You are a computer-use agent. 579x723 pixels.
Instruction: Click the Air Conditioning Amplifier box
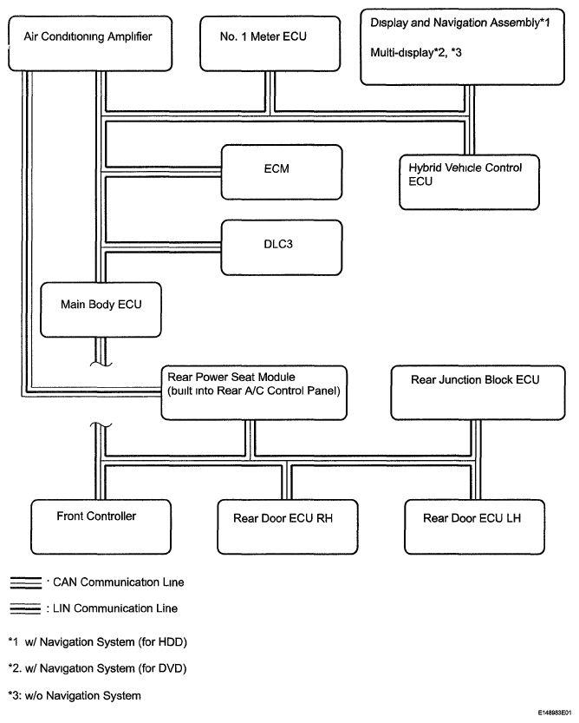click(90, 43)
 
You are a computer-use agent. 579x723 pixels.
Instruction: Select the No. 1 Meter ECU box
click(270, 43)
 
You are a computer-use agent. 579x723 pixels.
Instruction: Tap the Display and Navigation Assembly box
click(463, 47)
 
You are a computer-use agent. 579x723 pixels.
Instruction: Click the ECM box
click(282, 173)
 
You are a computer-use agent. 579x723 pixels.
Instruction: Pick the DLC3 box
click(282, 247)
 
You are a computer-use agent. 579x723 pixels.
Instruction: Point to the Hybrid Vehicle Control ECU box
click(470, 182)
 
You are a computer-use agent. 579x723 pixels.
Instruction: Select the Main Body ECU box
click(101, 310)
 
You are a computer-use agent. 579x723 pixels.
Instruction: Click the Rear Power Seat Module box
click(254, 393)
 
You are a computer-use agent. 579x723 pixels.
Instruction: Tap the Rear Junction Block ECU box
click(478, 393)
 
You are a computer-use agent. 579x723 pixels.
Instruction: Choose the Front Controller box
click(101, 527)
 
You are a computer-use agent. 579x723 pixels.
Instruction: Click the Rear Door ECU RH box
click(288, 527)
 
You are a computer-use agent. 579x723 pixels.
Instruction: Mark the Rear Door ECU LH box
click(474, 527)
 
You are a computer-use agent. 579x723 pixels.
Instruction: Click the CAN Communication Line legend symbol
click(26, 583)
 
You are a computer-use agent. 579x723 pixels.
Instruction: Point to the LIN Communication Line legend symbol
click(26, 608)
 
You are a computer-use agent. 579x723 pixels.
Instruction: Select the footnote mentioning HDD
click(98, 642)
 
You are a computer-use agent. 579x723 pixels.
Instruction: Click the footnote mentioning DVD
click(98, 668)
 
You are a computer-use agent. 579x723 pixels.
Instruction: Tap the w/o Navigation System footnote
click(75, 695)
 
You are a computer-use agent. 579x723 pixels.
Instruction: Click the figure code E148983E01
click(554, 713)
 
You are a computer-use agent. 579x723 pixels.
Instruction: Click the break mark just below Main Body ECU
click(101, 365)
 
